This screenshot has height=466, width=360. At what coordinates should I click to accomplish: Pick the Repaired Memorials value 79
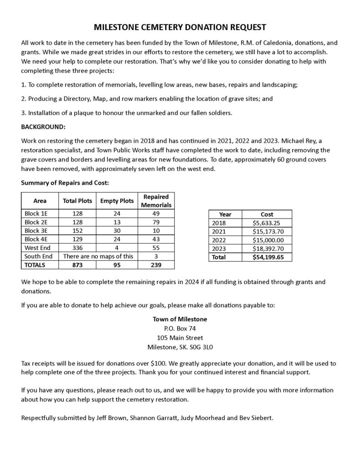156,222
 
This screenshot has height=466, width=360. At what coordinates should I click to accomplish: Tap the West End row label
35,248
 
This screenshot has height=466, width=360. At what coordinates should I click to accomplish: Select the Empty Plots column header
117,201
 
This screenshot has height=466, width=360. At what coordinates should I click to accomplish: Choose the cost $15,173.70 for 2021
267,231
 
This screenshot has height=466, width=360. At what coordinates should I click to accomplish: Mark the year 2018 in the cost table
219,223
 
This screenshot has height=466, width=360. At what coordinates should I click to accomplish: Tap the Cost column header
267,214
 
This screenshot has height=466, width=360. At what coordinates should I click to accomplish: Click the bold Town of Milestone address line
180,319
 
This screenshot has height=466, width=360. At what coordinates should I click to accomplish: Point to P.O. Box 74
180,328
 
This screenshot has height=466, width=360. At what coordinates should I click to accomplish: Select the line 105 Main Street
180,338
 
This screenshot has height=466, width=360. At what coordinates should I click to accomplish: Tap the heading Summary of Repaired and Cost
65,183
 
